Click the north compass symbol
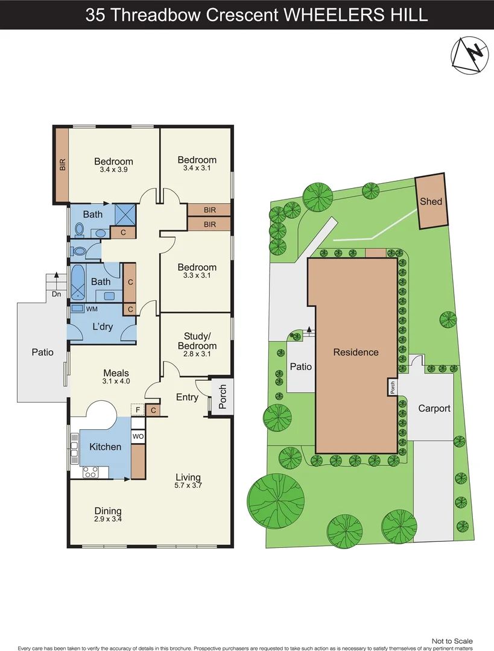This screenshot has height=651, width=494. (470, 55)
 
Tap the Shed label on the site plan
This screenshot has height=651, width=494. (431, 202)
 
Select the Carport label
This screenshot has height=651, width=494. (434, 409)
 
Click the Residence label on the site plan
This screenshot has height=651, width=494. (356, 353)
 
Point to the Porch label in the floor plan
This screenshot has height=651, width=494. (222, 397)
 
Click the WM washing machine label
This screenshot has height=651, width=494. (92, 309)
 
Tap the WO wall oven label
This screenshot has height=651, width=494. (138, 435)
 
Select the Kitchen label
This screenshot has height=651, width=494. (106, 447)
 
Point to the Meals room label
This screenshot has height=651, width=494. (116, 373)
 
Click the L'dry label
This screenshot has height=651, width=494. (103, 326)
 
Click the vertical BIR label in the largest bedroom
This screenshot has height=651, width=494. (62, 165)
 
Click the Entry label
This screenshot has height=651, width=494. (187, 397)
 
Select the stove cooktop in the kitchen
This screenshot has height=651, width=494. (90, 472)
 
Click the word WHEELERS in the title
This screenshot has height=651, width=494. (332, 14)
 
